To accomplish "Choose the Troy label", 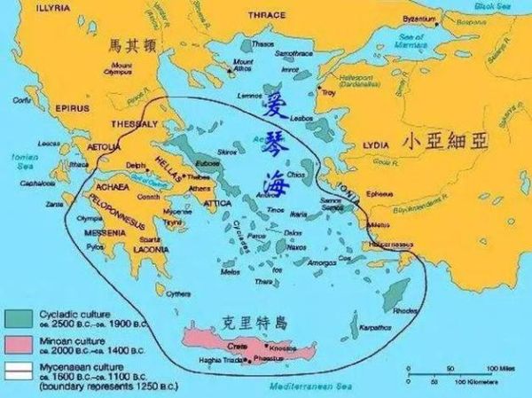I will pyautogui.click(x=329, y=91).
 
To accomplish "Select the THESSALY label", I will pyautogui.click(x=131, y=125).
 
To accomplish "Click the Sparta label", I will pyautogui.click(x=150, y=240).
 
